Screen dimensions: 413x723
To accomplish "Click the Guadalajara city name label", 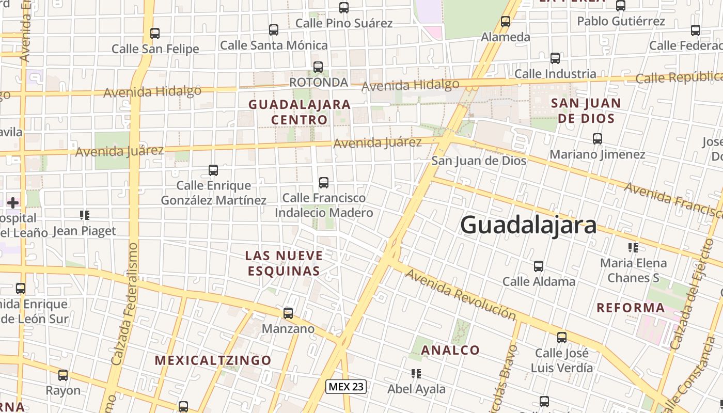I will [x=528, y=225].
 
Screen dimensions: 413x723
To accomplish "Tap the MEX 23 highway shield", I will [x=346, y=386].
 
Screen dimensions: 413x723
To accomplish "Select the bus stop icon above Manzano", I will [x=288, y=313].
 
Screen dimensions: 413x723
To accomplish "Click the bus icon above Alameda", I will [x=506, y=22].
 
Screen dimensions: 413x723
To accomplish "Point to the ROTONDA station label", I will [x=318, y=82].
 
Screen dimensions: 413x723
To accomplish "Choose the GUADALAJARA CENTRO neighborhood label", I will [x=300, y=112].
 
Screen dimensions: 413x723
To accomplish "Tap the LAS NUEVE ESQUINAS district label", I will [x=284, y=263].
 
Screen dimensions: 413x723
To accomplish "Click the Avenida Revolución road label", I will [x=460, y=294].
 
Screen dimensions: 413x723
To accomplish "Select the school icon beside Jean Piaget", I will [x=84, y=215].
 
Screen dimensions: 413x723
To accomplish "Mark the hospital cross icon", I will [x=13, y=202].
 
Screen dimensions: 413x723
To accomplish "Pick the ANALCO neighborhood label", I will [x=450, y=350].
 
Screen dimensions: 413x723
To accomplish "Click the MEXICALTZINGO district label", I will [x=213, y=360].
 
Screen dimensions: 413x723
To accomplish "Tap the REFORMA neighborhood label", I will [x=631, y=308].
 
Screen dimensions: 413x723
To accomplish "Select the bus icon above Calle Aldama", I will [x=539, y=266].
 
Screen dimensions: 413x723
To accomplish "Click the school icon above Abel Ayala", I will [x=416, y=373].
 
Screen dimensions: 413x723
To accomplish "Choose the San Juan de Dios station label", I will [x=479, y=161].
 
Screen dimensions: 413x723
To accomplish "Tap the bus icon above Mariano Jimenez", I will [x=598, y=139].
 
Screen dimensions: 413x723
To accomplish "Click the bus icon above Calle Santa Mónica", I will [x=274, y=30].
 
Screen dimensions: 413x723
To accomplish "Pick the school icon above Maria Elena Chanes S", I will [x=633, y=248].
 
